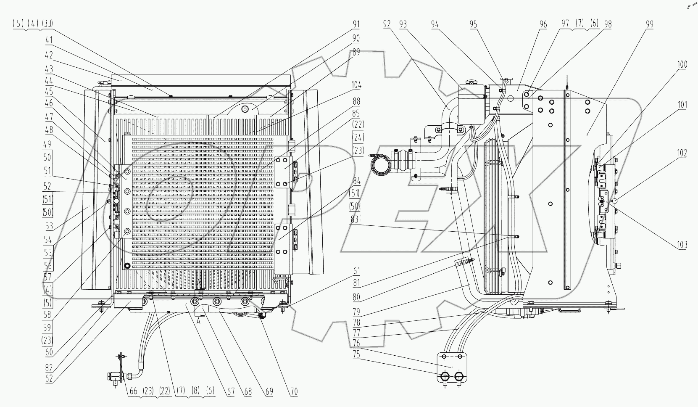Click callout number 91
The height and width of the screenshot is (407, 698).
tap(356, 24)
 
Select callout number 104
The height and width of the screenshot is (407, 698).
tap(356, 85)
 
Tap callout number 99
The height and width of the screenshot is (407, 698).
tap(650, 24)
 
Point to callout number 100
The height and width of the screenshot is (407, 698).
tap(682, 64)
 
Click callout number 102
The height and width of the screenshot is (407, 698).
tap(682, 153)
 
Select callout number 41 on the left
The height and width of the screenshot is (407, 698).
tap(49, 41)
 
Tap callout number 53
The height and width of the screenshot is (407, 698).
tap(49, 226)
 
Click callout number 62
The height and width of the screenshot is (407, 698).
tap(49, 378)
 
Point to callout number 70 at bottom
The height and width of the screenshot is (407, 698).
tap(294, 391)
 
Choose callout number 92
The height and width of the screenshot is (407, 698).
tap(387, 24)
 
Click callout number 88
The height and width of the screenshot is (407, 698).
tap(356, 102)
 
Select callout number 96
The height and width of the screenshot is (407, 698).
tap(543, 24)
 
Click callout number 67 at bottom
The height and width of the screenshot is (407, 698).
tap(230, 391)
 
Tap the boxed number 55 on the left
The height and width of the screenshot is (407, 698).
tap(47, 253)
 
